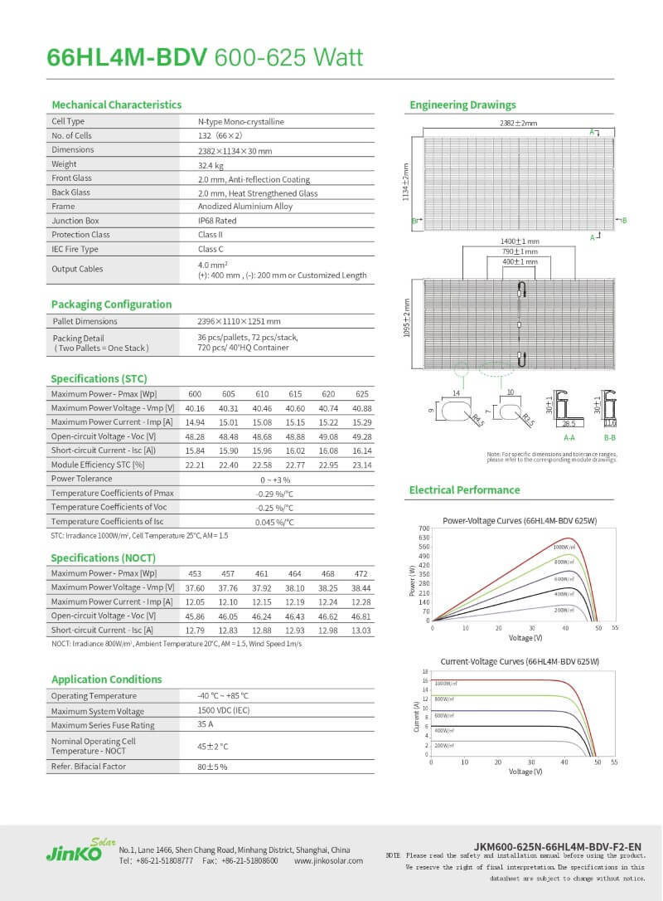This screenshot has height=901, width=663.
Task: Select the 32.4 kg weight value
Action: [x=211, y=164]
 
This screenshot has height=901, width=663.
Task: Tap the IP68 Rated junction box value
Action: [x=217, y=221]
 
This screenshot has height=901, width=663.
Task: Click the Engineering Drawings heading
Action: [x=462, y=105]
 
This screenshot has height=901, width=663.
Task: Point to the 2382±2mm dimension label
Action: [x=518, y=123]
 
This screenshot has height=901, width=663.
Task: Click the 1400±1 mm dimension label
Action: [x=519, y=241]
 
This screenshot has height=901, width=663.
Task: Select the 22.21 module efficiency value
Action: [x=195, y=465]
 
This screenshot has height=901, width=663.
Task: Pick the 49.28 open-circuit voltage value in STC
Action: [x=361, y=436]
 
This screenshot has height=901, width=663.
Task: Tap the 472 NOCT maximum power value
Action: [x=361, y=573]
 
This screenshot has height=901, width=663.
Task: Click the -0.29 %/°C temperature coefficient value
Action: [x=275, y=494]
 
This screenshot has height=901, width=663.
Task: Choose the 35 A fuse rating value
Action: [x=206, y=724]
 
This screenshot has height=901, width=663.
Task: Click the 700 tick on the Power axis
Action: [x=423, y=528]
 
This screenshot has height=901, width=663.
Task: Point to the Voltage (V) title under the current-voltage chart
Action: [x=525, y=772]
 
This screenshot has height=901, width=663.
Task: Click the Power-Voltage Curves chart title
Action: [x=520, y=520]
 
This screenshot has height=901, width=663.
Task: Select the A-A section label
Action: [x=570, y=436]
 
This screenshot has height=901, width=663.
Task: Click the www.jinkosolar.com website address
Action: [x=328, y=861]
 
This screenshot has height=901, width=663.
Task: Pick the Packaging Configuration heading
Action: [x=111, y=304]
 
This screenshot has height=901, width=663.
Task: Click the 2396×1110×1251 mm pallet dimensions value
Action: [x=239, y=321]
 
